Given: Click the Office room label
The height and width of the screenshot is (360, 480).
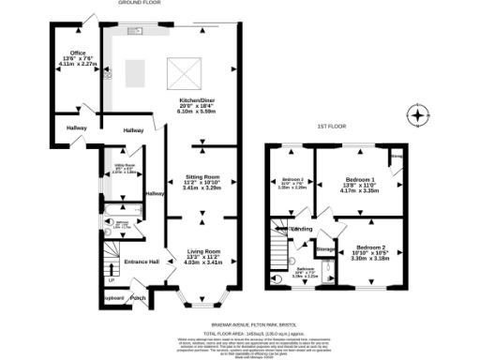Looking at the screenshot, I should point(70,55).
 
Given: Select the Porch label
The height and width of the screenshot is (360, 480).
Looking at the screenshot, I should point(138,299).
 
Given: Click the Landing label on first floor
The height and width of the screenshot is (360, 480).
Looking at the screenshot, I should point(302,229).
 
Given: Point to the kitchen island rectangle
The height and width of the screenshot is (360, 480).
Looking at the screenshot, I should point(135,73).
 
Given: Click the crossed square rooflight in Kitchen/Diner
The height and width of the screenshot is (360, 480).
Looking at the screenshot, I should point(178,69).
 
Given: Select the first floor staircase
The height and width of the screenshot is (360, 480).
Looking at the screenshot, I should point(281,249).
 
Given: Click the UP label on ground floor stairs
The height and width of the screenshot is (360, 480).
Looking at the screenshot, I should point(112,279).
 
